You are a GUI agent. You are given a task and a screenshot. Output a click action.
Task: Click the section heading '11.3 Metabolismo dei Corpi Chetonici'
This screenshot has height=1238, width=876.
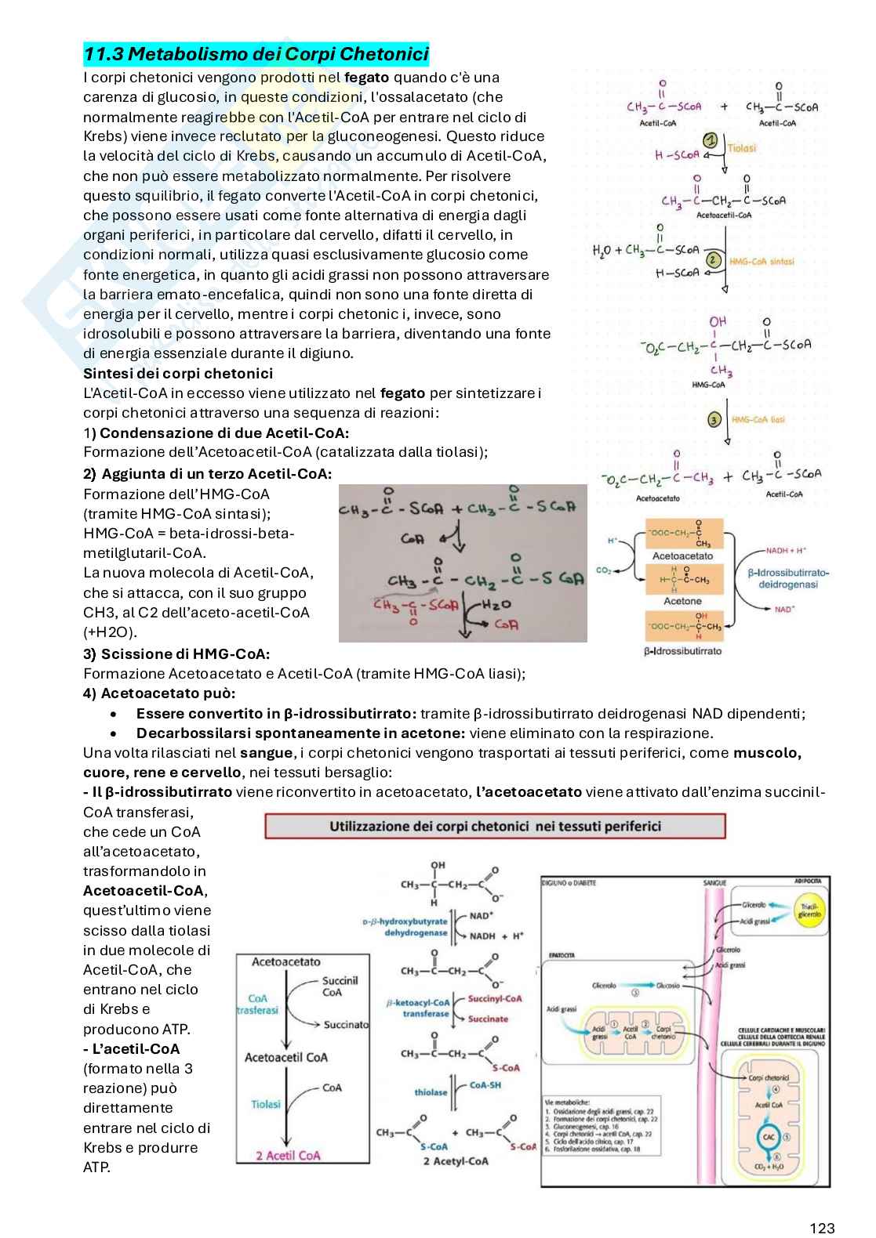pyautogui.click(x=256, y=54)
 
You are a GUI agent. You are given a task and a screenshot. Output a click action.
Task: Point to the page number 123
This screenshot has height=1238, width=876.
pyautogui.click(x=822, y=1228)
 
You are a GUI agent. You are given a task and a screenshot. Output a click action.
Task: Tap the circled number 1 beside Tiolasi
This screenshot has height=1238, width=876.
pyautogui.click(x=711, y=140)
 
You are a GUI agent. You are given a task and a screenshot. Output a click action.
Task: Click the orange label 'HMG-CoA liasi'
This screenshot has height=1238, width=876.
pyautogui.click(x=758, y=420)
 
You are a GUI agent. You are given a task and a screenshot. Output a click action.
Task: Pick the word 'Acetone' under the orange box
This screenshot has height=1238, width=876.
pyautogui.click(x=682, y=601)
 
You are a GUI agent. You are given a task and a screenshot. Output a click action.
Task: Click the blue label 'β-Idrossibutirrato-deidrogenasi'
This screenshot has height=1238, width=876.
pyautogui.click(x=788, y=578)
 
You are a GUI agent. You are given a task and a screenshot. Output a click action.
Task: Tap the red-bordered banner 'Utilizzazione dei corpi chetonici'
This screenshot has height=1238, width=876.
pyautogui.click(x=495, y=826)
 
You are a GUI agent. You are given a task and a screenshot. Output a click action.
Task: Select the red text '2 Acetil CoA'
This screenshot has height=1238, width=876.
pyautogui.click(x=288, y=1155)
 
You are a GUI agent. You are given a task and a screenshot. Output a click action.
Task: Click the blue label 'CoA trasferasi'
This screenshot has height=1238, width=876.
pyautogui.click(x=258, y=1005)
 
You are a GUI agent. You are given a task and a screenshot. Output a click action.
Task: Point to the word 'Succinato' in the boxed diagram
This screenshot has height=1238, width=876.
pyautogui.click(x=346, y=1024)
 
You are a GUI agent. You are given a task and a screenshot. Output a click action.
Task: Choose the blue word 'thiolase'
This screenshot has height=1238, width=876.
pyautogui.click(x=431, y=1092)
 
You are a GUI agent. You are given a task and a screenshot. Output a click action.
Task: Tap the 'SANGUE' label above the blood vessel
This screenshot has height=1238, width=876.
pyautogui.click(x=714, y=883)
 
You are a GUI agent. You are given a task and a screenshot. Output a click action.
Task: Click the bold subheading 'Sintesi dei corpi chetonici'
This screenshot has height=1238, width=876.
pyautogui.click(x=178, y=374)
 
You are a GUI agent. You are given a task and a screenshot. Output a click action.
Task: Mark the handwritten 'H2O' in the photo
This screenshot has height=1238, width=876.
pyautogui.click(x=496, y=603)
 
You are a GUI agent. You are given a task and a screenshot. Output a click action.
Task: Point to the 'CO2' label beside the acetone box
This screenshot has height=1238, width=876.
pyautogui.click(x=604, y=570)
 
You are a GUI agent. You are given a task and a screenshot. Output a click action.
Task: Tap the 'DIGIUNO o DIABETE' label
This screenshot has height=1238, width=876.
pyautogui.click(x=569, y=883)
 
